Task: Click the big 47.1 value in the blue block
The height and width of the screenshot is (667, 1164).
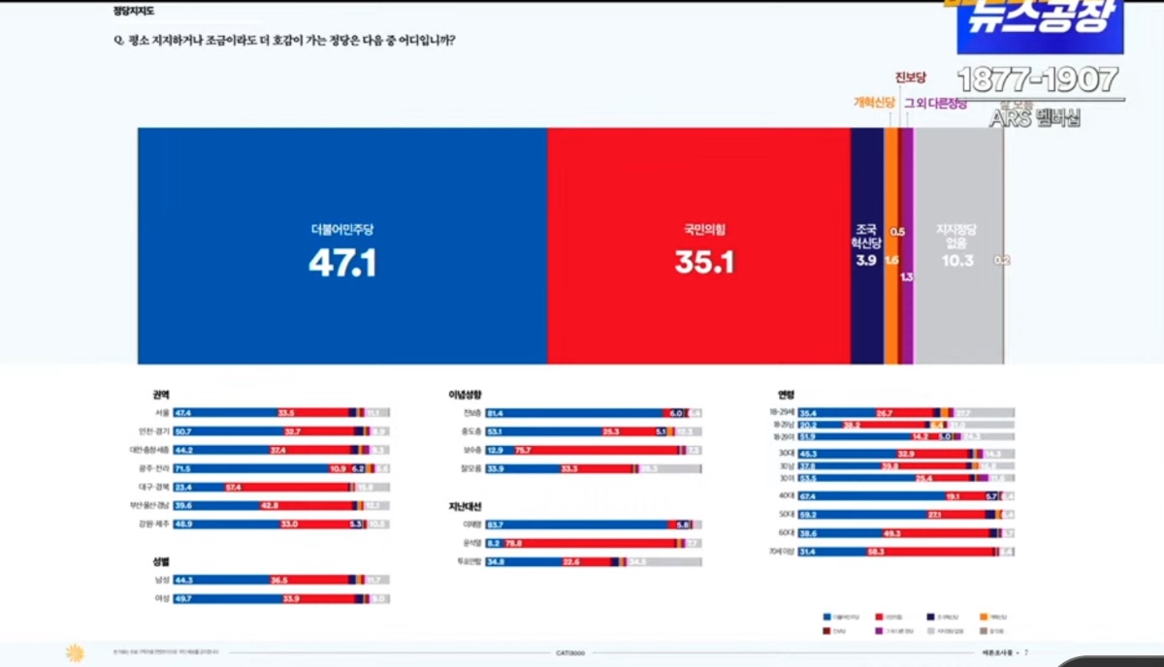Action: click(x=342, y=263)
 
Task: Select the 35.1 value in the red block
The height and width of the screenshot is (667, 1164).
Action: click(x=704, y=263)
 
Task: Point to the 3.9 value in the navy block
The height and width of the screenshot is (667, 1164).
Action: click(x=866, y=261)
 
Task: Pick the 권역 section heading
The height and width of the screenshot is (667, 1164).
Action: click(x=161, y=396)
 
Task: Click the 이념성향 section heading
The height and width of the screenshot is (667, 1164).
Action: click(x=465, y=396)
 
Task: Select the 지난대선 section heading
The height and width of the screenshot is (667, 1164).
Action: click(x=465, y=506)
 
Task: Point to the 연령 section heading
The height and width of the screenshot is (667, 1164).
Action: click(x=786, y=396)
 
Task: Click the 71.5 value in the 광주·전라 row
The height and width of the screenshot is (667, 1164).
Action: click(x=182, y=468)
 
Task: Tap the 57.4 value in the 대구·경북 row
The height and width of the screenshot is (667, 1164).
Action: click(x=233, y=487)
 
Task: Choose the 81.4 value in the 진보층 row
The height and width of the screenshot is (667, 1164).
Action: click(x=495, y=413)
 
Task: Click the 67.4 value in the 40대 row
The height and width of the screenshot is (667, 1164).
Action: click(x=807, y=496)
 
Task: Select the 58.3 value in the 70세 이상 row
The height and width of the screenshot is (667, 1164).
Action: click(x=902, y=552)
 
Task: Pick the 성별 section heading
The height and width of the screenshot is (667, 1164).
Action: click(x=161, y=562)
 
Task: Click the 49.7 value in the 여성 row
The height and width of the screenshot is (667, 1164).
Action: click(x=182, y=598)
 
